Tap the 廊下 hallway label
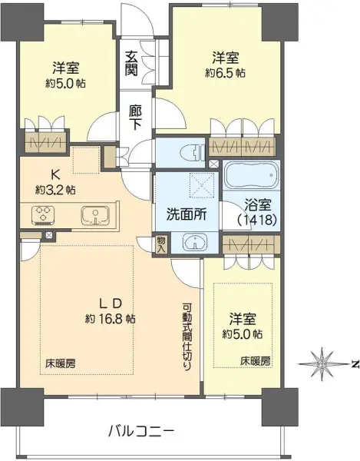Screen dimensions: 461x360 [x=135, y=115]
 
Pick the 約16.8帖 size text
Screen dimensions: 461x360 [x=110, y=318]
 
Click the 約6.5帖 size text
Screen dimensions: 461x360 [x=225, y=72]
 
